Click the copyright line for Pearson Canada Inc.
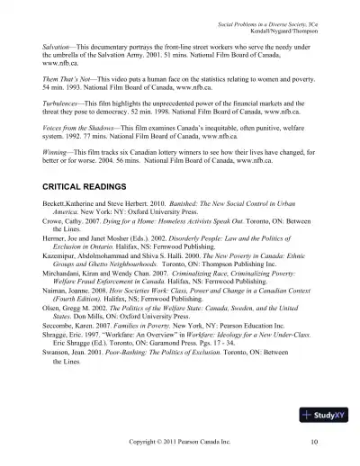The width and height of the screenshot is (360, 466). [x=181, y=443]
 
